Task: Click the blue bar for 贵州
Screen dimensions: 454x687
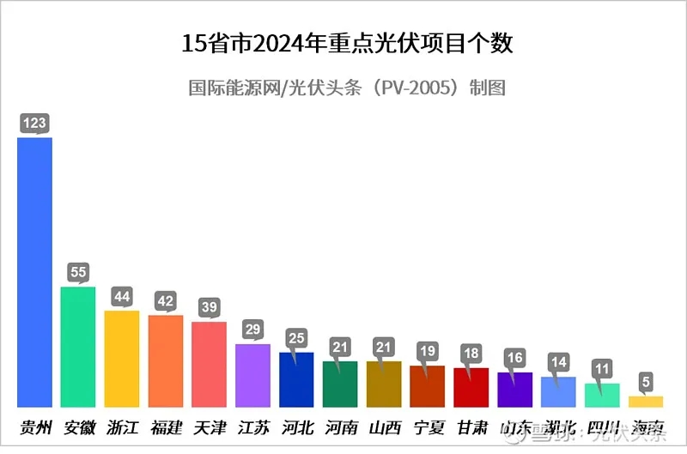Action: coord(35,271)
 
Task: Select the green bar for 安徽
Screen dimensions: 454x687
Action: coord(78,347)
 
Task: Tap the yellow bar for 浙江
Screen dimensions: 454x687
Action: coord(122,359)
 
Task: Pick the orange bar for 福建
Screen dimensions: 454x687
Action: coord(166,360)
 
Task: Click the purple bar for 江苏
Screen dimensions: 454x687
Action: coord(252,375)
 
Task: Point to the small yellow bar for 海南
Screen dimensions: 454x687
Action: coord(646,401)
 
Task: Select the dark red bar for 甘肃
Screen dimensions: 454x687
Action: coord(471,387)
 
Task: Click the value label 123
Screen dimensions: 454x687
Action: coord(34,124)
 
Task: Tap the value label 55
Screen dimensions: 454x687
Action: coord(78,273)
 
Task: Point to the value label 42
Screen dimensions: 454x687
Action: coord(166,301)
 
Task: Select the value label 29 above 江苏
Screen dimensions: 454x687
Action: coord(252,330)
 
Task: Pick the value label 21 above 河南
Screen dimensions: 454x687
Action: coord(340,347)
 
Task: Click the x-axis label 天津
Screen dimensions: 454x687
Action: coord(210,427)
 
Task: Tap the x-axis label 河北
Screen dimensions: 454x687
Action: coord(297,427)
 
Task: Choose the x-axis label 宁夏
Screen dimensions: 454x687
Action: coord(427,427)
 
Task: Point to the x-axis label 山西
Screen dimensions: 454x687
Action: coord(384,427)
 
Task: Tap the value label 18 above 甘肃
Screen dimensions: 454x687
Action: coord(471,354)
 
